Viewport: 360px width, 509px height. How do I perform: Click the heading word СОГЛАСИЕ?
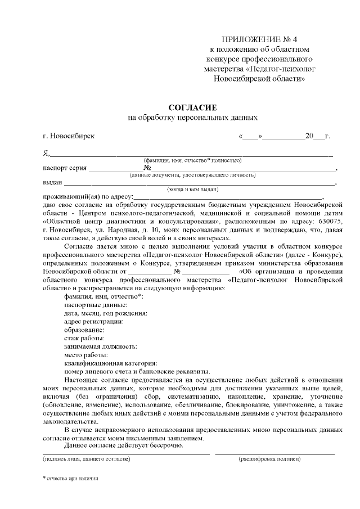tap(193, 107)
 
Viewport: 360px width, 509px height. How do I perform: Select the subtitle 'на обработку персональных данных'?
tap(193, 118)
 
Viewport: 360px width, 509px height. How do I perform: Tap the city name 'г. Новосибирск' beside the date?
tap(69, 136)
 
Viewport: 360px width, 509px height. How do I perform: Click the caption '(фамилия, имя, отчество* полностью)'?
tap(192, 160)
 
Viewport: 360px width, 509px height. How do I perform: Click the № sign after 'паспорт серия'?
tap(147, 168)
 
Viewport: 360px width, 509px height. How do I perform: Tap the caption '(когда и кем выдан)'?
tap(192, 189)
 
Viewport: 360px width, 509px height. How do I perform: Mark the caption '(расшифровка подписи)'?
tap(269, 459)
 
